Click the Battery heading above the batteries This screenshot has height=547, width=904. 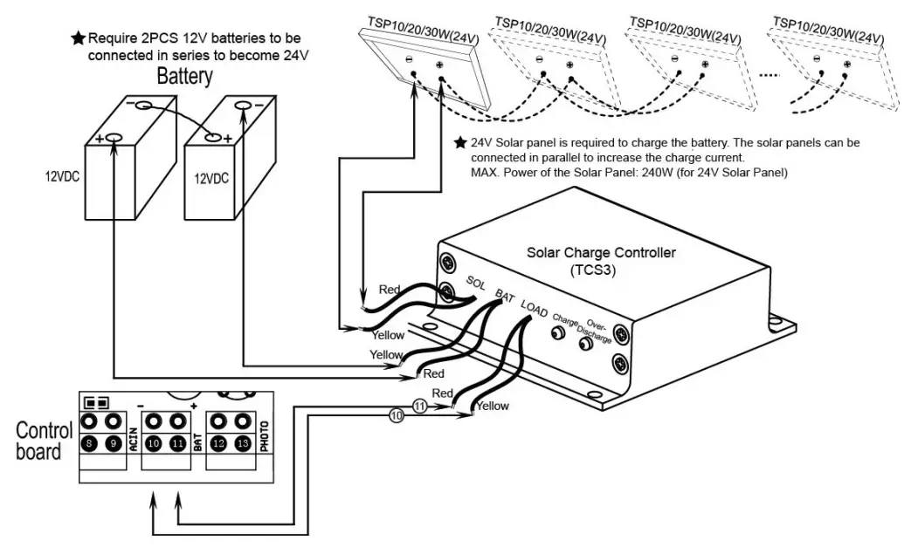pyautogui.click(x=184, y=77)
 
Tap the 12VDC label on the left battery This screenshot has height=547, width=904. pyautogui.click(x=64, y=175)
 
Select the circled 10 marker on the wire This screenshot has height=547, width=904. pyautogui.click(x=397, y=416)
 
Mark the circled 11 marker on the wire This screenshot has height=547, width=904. pyautogui.click(x=419, y=407)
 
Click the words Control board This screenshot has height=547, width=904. pyautogui.click(x=39, y=441)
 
